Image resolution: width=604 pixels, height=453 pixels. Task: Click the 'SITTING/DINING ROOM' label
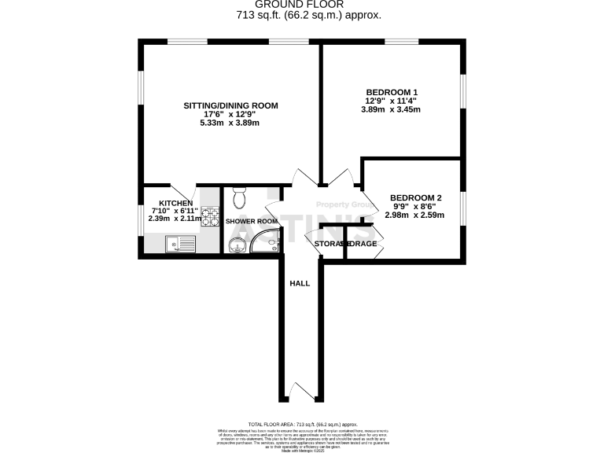230,105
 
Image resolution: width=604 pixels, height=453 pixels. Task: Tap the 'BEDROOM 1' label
391,92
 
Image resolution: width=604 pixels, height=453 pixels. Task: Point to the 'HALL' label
300,283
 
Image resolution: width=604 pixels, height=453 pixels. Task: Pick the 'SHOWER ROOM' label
252,222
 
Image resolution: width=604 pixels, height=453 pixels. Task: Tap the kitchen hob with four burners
210,215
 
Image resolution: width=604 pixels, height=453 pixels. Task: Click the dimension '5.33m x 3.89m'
230,123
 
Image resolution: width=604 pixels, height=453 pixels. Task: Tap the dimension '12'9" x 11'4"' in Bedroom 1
391,101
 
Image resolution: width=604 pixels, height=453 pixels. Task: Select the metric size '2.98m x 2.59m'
416,215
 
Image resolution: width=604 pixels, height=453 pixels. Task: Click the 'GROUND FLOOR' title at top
308,5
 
